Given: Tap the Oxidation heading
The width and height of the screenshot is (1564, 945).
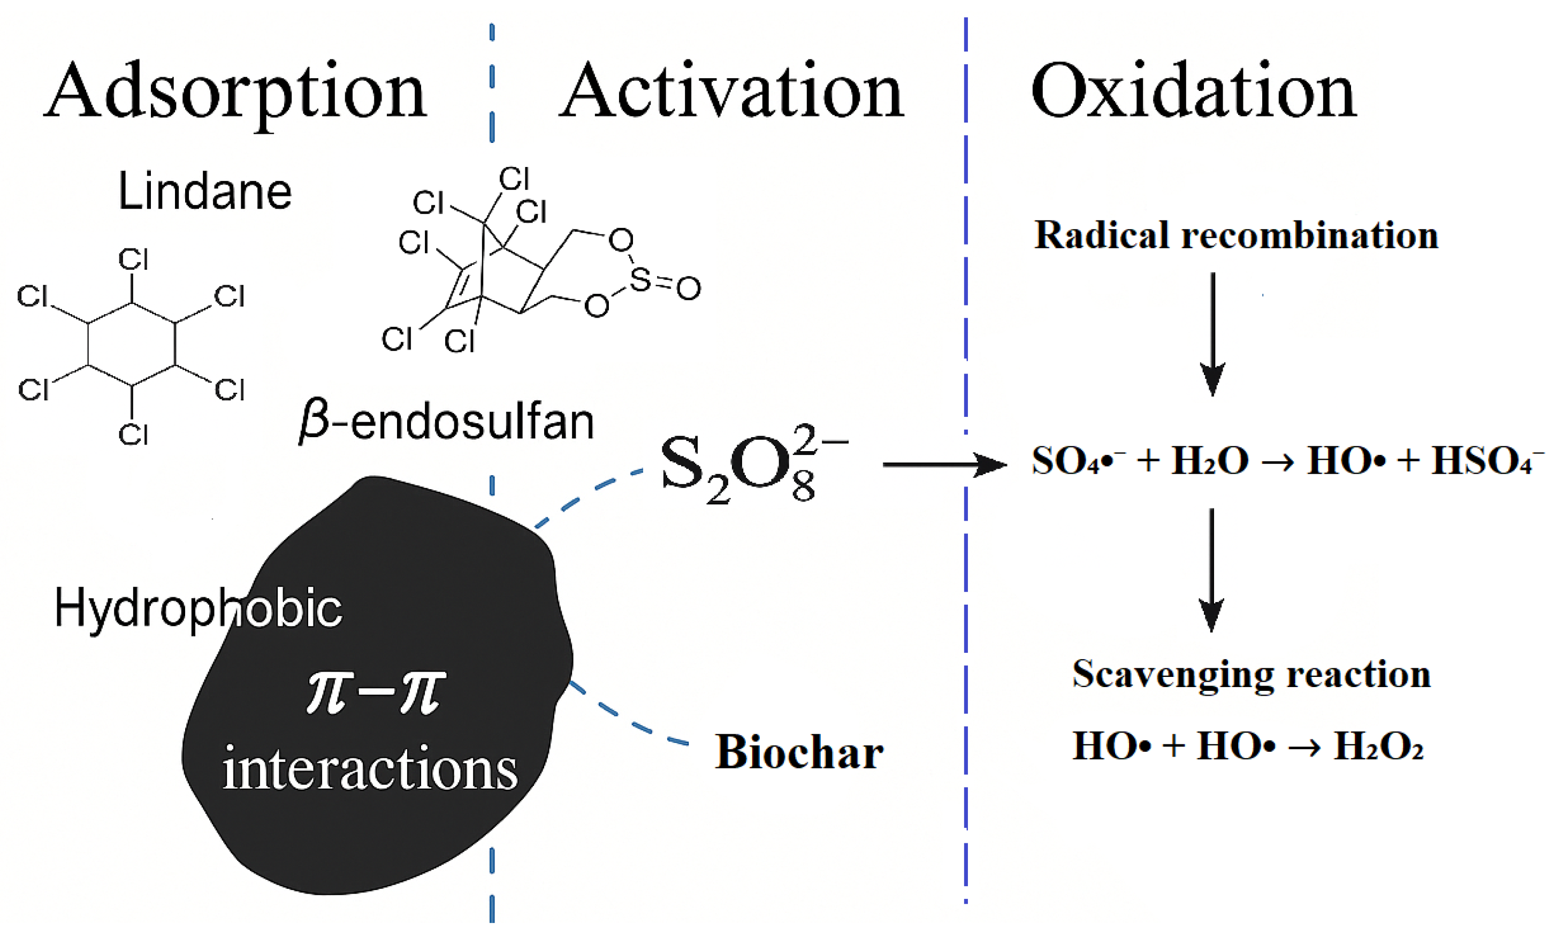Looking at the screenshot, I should tap(1193, 93).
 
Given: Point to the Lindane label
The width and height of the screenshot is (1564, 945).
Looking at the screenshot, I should tap(204, 191).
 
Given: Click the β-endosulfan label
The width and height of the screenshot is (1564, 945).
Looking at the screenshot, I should tap(446, 422).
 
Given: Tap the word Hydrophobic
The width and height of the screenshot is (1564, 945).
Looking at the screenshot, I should tap(198, 608).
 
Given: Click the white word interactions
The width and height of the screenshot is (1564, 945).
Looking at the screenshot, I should tap(370, 769).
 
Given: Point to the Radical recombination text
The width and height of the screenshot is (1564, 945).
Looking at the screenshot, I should tap(1236, 235).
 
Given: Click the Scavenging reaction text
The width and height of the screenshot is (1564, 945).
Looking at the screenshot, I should tap(1251, 674).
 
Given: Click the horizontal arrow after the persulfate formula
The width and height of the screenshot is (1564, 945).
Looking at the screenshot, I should tap(944, 464).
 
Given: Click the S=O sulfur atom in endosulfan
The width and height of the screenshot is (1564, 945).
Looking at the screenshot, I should tap(640, 279).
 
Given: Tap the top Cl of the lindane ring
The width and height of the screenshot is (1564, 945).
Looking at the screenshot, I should tap(133, 260).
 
